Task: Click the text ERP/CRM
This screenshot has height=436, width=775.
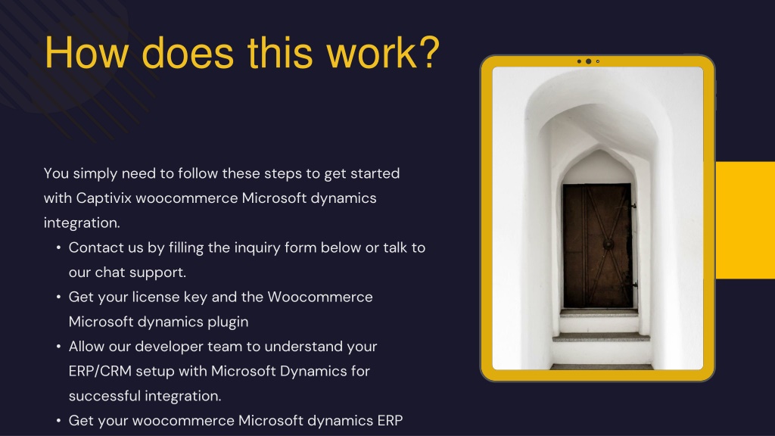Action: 100,371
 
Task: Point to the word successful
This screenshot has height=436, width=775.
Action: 104,395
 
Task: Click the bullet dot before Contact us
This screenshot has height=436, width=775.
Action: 58,248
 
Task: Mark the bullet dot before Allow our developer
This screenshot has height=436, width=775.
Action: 58,346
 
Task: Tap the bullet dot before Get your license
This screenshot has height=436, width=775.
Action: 58,297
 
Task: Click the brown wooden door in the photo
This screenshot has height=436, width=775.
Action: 598,246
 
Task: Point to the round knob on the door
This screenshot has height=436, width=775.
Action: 608,244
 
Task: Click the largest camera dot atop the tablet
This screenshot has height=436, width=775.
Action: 588,61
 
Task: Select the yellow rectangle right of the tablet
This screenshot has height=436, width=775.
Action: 745,220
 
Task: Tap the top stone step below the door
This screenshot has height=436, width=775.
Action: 599,313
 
